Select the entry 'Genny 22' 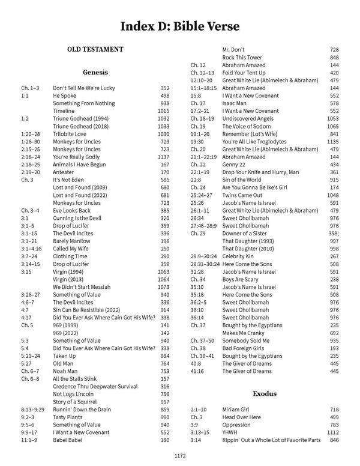coord(237,165)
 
